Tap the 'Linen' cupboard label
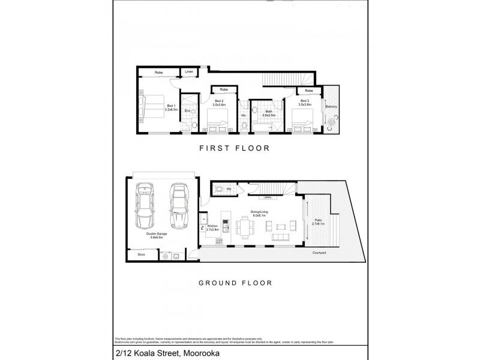(189, 72)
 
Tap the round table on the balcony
(332, 119)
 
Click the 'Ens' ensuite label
(187, 111)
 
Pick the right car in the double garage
(178, 205)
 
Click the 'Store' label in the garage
(141, 255)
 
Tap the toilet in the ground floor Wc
(220, 188)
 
